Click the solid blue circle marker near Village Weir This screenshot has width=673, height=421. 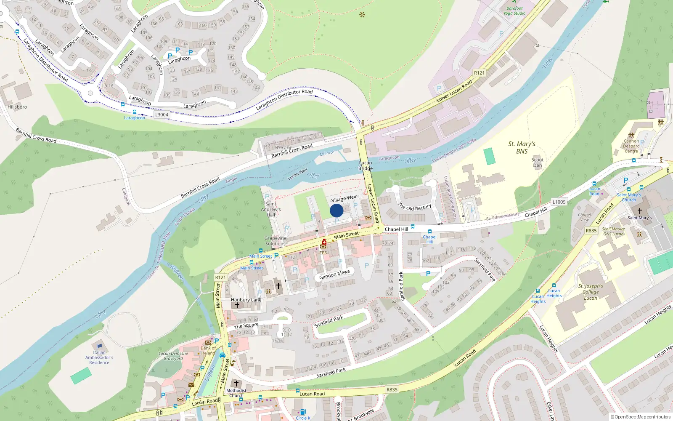click(336, 210)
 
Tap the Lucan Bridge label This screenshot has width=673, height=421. click(366, 165)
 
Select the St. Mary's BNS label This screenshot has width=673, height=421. click(522, 148)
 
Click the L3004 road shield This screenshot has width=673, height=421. click(162, 115)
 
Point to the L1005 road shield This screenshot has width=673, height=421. click(559, 202)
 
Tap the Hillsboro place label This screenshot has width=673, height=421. click(17, 107)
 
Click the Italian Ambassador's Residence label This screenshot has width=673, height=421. click(99, 357)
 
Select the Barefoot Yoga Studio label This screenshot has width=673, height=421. click(514, 11)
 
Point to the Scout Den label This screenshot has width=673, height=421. click(538, 163)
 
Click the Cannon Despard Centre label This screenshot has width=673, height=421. click(631, 146)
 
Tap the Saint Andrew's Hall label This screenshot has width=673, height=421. click(271, 209)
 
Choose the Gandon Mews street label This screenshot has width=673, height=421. click(334, 274)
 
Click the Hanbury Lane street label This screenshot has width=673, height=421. click(246, 300)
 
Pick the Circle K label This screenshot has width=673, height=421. click(303, 418)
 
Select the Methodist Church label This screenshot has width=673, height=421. click(236, 393)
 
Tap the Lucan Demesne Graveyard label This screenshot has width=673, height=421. click(173, 356)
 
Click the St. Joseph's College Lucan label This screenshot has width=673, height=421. click(591, 292)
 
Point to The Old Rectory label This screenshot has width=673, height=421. click(415, 208)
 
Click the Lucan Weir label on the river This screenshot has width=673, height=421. click(297, 174)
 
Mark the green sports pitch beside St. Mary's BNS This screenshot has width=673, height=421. click(490, 156)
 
